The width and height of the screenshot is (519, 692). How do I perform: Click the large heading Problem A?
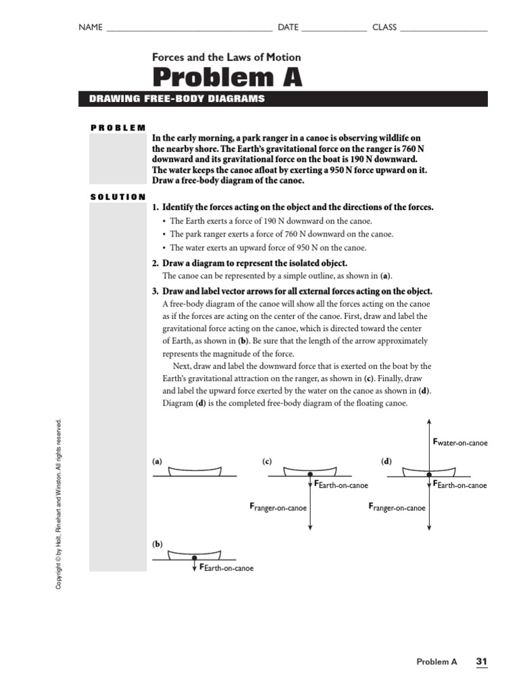click(x=227, y=78)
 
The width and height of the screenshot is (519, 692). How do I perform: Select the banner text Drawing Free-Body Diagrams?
click(x=177, y=99)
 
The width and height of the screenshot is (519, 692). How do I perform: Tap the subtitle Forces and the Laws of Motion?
click(x=226, y=57)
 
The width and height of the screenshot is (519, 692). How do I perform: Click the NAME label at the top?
click(x=91, y=27)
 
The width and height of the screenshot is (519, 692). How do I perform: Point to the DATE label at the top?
click(x=288, y=27)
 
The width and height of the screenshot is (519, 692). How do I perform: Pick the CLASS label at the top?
click(x=385, y=27)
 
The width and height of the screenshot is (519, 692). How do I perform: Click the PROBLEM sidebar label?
click(x=118, y=127)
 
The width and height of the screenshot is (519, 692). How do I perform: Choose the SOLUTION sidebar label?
click(x=118, y=197)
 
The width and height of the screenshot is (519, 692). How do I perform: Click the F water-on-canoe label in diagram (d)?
click(x=460, y=443)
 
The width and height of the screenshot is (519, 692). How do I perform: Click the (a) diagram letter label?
click(x=157, y=462)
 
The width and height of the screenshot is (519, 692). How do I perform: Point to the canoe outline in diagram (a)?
click(x=195, y=470)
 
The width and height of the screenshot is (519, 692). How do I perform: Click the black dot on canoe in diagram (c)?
click(x=310, y=474)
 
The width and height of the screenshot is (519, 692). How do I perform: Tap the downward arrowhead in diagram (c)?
click(x=310, y=528)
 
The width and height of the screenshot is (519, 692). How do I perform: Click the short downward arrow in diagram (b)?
click(x=195, y=563)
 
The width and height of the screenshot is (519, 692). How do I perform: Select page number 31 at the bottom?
click(x=482, y=662)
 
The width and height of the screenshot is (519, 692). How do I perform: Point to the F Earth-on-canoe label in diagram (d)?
click(x=460, y=485)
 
